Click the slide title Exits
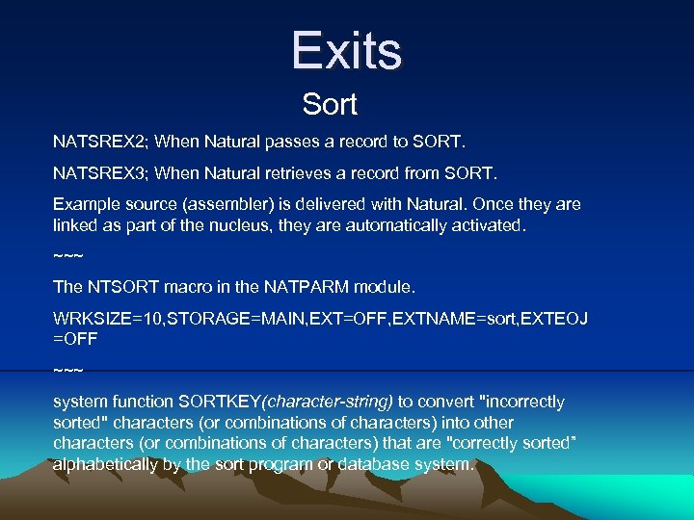point(347,50)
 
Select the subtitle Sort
point(330,104)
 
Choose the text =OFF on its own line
point(75,339)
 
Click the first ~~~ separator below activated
point(67,256)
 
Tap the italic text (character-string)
point(327,402)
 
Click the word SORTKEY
point(228,402)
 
